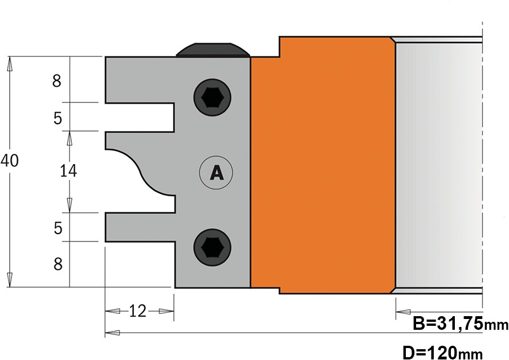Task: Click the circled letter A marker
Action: click(216, 173)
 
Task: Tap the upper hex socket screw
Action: click(212, 97)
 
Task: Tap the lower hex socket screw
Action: click(212, 247)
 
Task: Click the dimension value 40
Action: click(10, 161)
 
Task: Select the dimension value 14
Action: click(68, 170)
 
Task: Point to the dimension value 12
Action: click(138, 312)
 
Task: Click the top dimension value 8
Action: click(57, 81)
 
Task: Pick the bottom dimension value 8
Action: click(58, 264)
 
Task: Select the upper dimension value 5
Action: click(58, 118)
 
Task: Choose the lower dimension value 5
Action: click(58, 228)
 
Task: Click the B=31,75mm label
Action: click(461, 324)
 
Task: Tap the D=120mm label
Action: click(442, 352)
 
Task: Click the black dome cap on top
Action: click(213, 50)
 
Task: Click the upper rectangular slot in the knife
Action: click(140, 117)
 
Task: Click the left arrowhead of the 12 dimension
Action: click(112, 312)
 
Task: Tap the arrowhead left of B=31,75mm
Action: click(403, 312)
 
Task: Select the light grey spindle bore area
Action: click(439, 165)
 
